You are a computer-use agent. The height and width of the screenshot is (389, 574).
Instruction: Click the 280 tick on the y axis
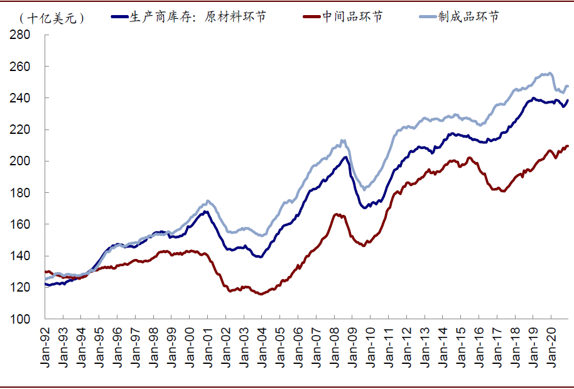[x=21, y=35]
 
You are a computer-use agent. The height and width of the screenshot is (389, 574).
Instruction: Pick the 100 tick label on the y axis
[x=21, y=319]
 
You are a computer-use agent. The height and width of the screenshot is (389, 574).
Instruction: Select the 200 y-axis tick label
[x=21, y=161]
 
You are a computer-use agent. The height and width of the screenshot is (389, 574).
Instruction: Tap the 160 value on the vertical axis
[x=21, y=224]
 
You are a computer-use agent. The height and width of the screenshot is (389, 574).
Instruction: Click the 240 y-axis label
[x=21, y=98]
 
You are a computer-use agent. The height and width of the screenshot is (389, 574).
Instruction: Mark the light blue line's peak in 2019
[x=548, y=73]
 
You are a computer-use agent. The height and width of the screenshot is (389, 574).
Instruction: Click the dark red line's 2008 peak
[x=337, y=214]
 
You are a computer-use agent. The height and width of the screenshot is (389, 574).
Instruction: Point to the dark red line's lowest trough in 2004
[x=261, y=294]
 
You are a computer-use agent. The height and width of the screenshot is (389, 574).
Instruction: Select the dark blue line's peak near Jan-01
[x=205, y=211]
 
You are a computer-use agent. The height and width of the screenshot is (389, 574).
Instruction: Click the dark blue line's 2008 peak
[x=345, y=156]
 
